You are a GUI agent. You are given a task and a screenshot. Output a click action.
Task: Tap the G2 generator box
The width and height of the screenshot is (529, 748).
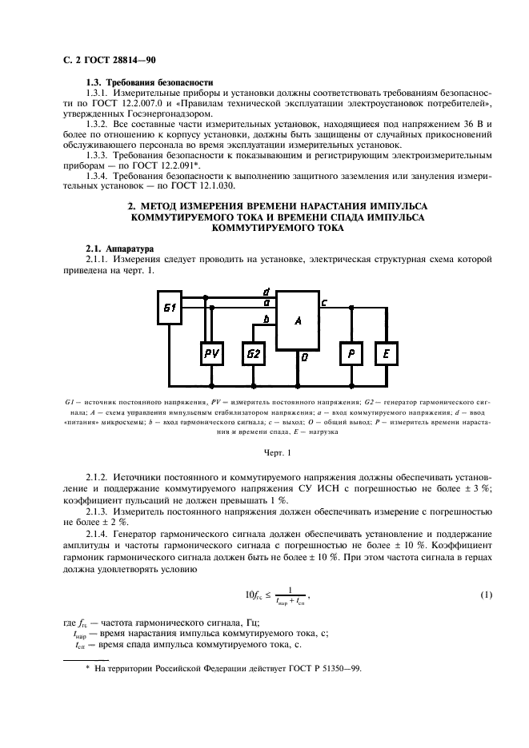pos(254,353)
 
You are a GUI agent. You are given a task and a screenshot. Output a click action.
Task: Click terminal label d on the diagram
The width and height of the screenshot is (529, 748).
pos(266,291)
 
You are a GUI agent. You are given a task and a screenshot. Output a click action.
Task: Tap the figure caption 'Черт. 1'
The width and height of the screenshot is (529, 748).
pos(264,453)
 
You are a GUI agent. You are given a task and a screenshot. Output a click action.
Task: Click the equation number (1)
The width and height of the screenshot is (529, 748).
pos(485,595)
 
